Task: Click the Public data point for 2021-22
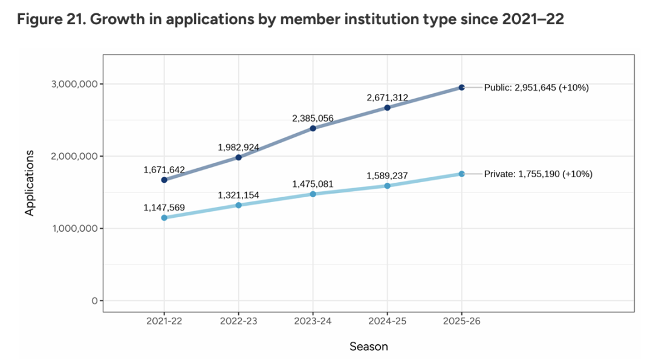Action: [164, 180]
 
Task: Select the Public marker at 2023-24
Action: [313, 128]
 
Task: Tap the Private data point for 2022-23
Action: [239, 205]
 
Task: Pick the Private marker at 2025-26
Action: [461, 174]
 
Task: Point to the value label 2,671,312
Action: [387, 97]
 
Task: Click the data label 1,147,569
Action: [164, 208]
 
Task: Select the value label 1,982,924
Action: [239, 147]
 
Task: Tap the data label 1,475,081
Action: [313, 184]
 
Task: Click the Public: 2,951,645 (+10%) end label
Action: [536, 88]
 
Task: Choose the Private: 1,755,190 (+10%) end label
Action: [538, 174]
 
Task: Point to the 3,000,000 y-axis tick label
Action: [72, 84]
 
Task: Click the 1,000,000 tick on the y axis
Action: [72, 229]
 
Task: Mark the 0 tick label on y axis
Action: [94, 301]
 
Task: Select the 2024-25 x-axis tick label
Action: [387, 321]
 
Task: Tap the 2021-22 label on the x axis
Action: [164, 321]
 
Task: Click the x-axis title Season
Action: [369, 347]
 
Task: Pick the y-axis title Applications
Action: [30, 183]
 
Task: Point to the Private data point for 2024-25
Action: [387, 186]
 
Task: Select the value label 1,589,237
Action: [387, 176]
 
